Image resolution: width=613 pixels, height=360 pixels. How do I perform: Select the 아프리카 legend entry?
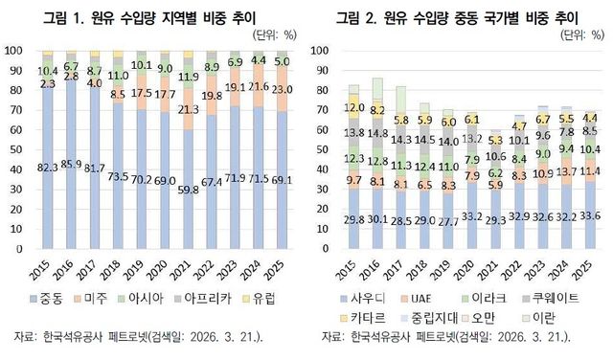click(215, 300)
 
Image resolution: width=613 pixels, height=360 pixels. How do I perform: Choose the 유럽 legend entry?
click(272, 300)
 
